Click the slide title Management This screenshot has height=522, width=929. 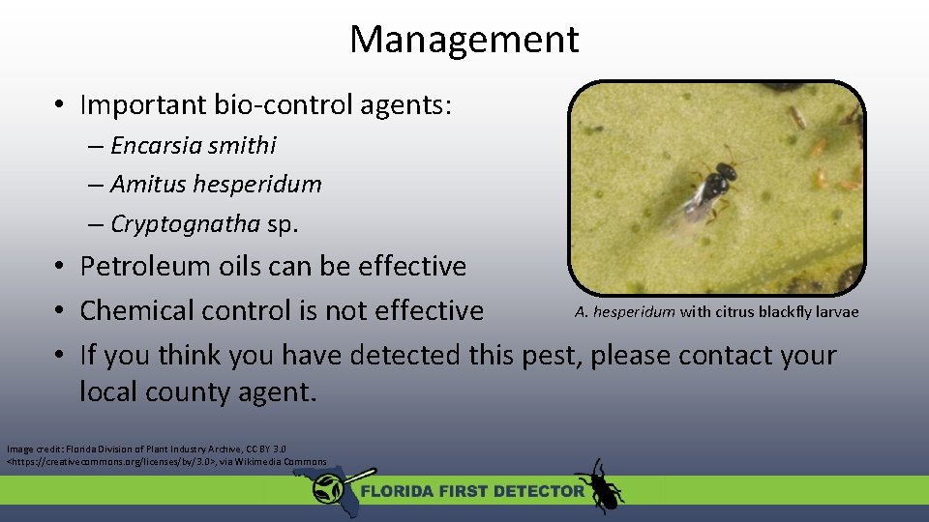[x=464, y=40]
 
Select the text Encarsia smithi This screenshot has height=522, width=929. [x=194, y=146]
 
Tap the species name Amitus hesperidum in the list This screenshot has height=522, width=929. [x=216, y=184]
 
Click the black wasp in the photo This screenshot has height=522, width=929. [x=714, y=183]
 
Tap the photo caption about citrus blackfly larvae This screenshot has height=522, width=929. [x=716, y=311]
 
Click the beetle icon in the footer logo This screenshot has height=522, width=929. [x=600, y=485]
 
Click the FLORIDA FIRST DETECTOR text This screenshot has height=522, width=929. [x=472, y=491]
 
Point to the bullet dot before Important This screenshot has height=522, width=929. [x=60, y=105]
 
